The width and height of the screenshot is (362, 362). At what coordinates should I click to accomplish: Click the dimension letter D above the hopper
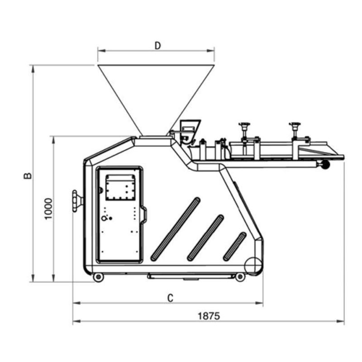157,46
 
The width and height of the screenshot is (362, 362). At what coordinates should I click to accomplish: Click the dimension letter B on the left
28,176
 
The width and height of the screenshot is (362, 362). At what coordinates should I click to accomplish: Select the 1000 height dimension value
48,209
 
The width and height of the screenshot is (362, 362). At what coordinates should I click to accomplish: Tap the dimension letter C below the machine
170,298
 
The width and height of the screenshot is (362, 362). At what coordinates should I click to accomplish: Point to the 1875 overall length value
209,316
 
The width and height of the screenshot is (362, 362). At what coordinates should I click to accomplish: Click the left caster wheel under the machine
98,277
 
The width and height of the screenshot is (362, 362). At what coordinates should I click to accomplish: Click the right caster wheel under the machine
240,276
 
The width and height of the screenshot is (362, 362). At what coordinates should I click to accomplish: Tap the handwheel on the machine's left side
77,201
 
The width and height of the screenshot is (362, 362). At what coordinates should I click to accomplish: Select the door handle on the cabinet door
143,215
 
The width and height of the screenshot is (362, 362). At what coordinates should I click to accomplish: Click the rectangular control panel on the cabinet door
120,187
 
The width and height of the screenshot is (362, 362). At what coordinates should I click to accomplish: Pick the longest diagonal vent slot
175,229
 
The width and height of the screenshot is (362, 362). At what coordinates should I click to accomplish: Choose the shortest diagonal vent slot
234,246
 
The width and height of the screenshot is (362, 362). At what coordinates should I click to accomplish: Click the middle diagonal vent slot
205,238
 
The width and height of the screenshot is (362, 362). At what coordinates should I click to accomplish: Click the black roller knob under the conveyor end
326,165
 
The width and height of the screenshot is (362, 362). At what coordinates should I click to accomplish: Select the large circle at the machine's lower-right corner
254,266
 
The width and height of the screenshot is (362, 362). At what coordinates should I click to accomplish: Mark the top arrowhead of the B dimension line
33,69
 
